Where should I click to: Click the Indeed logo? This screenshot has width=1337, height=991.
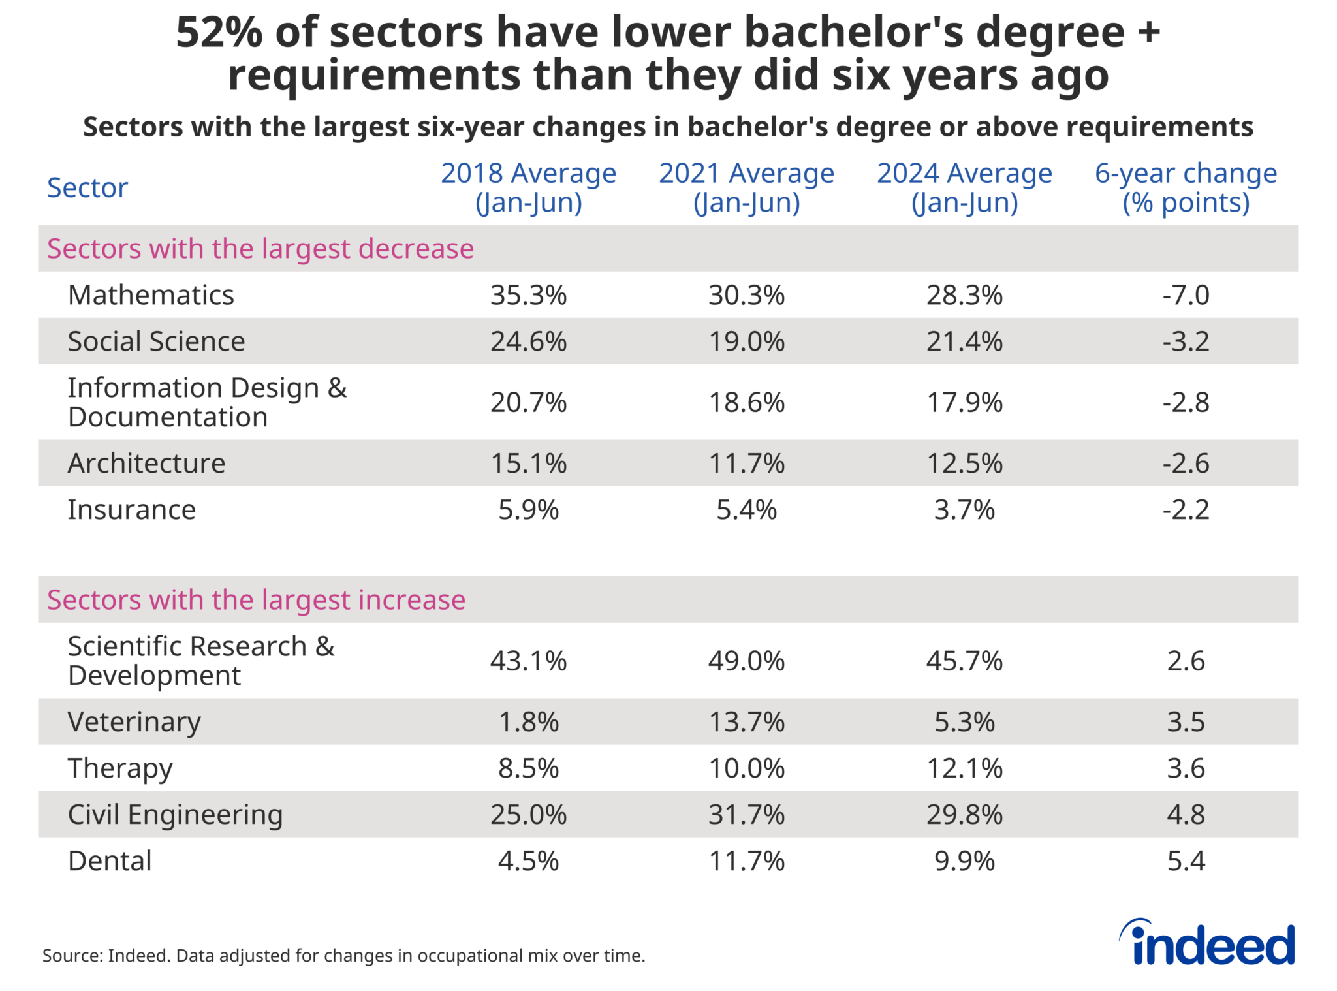click(x=1208, y=943)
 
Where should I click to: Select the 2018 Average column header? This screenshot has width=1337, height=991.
click(x=528, y=187)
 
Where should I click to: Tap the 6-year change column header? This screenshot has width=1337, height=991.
click(x=1186, y=187)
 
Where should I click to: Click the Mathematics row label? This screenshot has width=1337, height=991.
click(x=151, y=295)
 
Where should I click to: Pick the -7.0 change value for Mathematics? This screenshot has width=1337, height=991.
click(x=1186, y=295)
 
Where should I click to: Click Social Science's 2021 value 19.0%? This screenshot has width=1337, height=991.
click(x=746, y=341)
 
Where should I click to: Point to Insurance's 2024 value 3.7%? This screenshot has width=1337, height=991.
click(x=964, y=510)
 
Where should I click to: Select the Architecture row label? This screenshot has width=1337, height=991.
click(x=146, y=464)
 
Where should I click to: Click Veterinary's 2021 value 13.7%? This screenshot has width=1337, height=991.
click(x=746, y=722)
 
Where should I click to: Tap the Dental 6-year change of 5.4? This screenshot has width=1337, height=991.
click(x=1186, y=861)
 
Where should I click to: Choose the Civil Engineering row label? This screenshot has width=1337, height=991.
click(x=175, y=815)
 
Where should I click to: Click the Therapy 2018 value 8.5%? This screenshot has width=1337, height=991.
click(x=528, y=768)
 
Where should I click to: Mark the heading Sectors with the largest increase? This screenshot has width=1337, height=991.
click(x=256, y=600)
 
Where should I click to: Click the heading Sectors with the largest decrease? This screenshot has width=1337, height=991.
click(x=260, y=249)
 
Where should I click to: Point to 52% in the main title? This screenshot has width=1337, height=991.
click(x=219, y=33)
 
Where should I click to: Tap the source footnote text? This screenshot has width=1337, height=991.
click(x=343, y=956)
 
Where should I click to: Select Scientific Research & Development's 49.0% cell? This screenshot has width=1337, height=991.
click(x=746, y=661)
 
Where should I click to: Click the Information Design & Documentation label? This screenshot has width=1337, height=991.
click(x=206, y=402)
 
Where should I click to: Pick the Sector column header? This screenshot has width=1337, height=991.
click(x=87, y=188)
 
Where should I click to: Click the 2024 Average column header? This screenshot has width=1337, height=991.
click(x=964, y=187)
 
